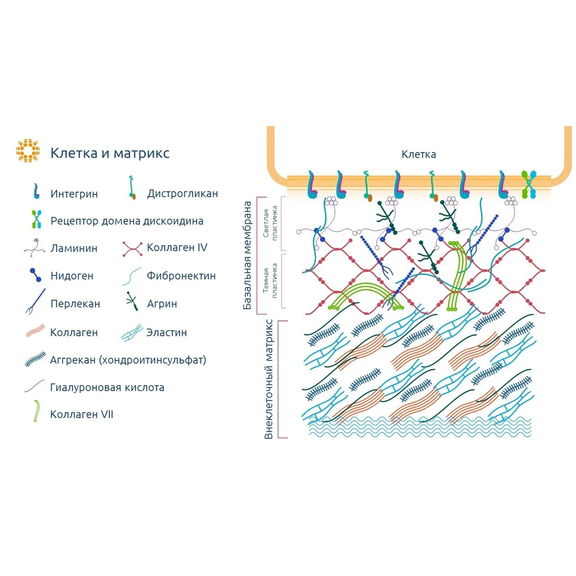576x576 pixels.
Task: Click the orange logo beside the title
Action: click(x=28, y=151)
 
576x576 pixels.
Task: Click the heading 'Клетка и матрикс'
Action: click(x=110, y=153)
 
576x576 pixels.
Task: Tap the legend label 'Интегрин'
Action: click(x=74, y=194)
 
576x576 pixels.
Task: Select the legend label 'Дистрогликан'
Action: click(x=182, y=193)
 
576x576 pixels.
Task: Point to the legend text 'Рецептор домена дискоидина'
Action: click(x=127, y=221)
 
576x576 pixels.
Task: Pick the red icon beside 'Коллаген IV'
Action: click(x=133, y=248)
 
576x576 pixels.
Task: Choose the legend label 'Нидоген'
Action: click(x=72, y=276)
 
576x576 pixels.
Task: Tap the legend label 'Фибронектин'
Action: click(x=181, y=276)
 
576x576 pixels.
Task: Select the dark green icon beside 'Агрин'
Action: click(x=132, y=301)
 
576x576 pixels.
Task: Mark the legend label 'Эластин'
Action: click(x=166, y=333)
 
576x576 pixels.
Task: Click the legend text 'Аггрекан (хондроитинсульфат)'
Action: click(x=128, y=360)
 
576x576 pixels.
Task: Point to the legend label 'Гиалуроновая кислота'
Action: click(x=107, y=387)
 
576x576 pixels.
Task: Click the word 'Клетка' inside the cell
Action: click(x=418, y=154)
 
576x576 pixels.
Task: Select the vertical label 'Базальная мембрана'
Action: click(x=247, y=255)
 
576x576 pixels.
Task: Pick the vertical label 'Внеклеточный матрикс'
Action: click(x=269, y=379)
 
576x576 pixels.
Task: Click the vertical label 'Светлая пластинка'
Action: click(x=270, y=223)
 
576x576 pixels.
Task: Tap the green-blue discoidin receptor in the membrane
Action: click(x=529, y=184)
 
